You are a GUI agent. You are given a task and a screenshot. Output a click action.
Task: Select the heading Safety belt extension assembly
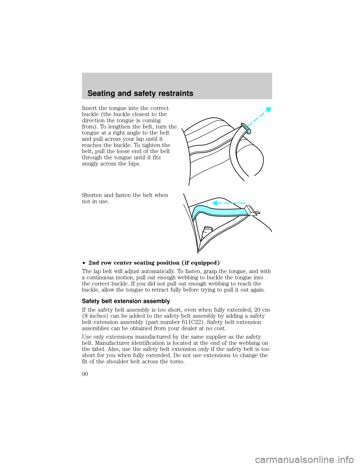pyautogui.click(x=126, y=301)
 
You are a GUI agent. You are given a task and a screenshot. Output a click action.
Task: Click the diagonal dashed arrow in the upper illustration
pyautogui.click(x=259, y=117)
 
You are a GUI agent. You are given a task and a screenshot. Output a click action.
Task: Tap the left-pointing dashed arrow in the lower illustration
pyautogui.click(x=228, y=203)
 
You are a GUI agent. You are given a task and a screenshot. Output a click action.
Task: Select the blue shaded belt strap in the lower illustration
pyautogui.click(x=219, y=213)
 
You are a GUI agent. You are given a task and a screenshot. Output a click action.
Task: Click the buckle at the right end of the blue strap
pyautogui.click(x=253, y=211)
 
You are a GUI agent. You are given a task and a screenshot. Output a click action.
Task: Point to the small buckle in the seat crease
pyautogui.click(x=207, y=232)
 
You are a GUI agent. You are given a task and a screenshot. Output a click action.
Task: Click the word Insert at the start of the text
pyautogui.click(x=89, y=108)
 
